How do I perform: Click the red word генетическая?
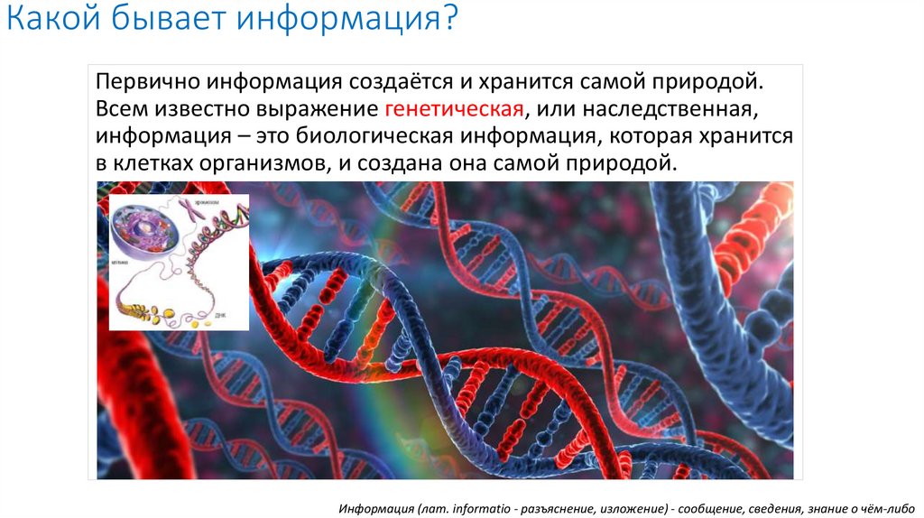(x=455, y=110)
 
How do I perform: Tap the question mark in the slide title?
(x=448, y=21)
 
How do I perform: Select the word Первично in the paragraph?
(x=145, y=82)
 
